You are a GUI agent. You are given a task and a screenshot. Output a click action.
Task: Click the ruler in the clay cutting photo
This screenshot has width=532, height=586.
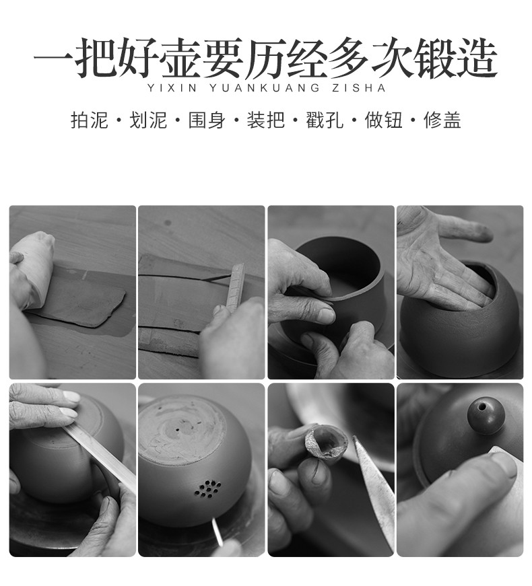pos(236,286)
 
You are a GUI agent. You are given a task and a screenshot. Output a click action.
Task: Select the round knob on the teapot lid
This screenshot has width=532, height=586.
pos(486,408)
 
